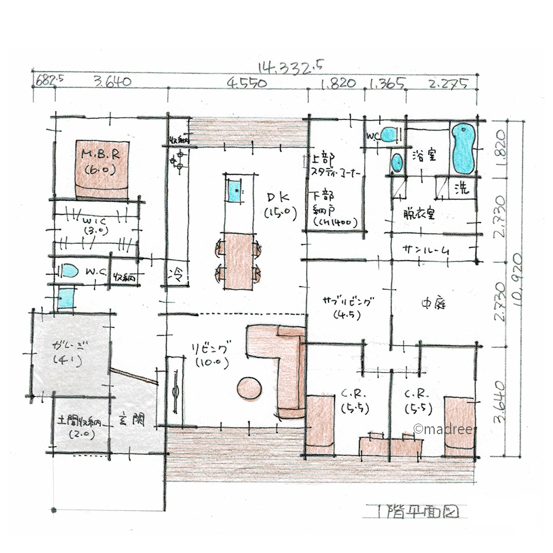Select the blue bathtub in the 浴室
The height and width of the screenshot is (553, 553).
(x=464, y=148)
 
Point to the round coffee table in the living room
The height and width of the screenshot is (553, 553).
(x=249, y=388)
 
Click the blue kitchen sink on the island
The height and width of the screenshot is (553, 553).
(x=234, y=191)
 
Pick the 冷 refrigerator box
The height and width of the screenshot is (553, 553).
(x=178, y=273)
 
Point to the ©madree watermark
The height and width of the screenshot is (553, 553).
(x=442, y=429)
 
